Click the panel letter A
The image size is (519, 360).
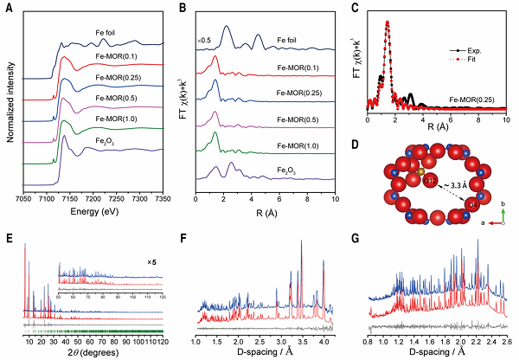[8, 8]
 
